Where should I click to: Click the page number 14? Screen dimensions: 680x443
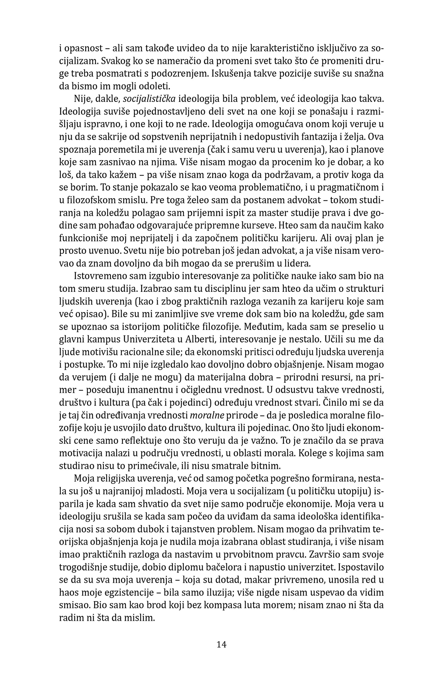pyautogui.click(x=221, y=644)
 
